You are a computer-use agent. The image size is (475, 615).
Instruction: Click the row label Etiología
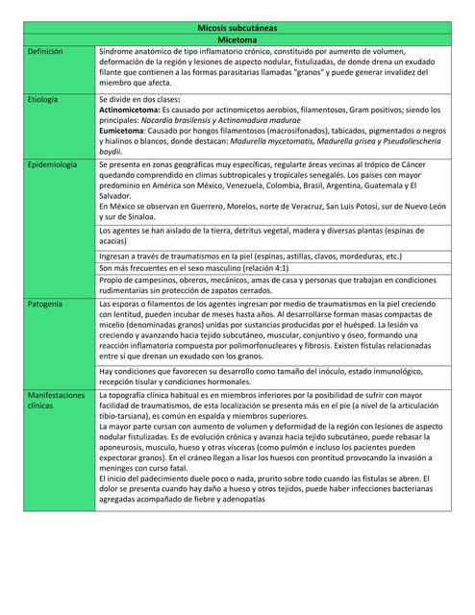tap(43, 100)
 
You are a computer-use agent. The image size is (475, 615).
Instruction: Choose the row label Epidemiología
tap(52, 165)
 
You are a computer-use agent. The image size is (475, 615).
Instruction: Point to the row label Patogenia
tap(44, 304)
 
